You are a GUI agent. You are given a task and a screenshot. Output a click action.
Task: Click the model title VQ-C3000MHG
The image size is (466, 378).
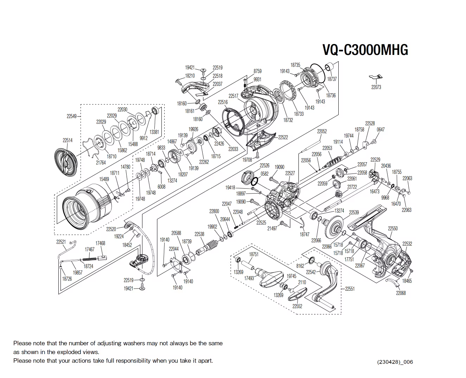365,50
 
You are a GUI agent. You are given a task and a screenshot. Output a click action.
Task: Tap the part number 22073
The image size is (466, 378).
376,87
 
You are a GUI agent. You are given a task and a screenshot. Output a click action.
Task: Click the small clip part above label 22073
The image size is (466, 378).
376,77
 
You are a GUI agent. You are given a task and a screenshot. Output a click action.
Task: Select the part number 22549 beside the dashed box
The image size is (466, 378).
71,116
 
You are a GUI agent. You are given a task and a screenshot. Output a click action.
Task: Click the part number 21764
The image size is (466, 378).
101,163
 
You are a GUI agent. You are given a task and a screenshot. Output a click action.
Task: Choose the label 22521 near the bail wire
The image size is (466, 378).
61,242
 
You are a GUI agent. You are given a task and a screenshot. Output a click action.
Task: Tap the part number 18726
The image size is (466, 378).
67,279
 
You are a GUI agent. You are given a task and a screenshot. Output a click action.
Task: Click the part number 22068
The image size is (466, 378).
401,293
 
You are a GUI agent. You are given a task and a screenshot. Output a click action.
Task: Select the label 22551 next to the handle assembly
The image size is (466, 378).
350,289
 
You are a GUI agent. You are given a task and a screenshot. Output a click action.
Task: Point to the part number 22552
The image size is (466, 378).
297,306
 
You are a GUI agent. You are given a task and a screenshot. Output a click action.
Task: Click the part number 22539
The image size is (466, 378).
354,212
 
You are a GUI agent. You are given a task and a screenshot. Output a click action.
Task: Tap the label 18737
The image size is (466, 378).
332,79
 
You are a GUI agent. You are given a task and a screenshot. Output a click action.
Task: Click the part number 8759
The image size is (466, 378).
257,71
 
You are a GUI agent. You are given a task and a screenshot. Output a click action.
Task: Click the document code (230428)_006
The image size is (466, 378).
395,362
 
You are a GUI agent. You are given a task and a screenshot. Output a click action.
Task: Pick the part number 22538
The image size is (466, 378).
199,234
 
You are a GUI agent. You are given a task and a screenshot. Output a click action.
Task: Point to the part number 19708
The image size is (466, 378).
247,159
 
